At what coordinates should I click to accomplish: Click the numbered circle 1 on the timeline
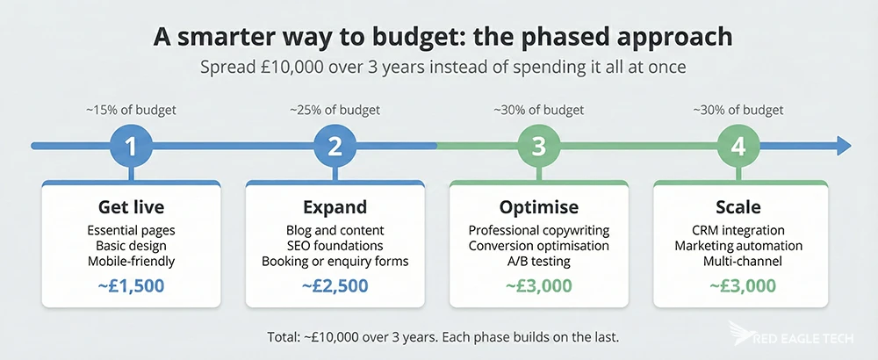[x=131, y=147]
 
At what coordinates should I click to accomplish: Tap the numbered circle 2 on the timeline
[x=335, y=147]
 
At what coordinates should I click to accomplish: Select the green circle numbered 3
[x=538, y=147]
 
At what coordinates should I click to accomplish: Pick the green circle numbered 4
[x=738, y=147]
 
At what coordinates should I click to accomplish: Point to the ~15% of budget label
[x=131, y=111]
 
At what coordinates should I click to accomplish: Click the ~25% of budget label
[x=335, y=111]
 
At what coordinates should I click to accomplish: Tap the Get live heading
[x=131, y=208]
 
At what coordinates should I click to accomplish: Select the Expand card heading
[x=335, y=208]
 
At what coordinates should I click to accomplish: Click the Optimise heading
[x=538, y=208]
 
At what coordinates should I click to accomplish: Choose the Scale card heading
[x=738, y=208]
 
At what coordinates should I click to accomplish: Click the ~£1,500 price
[x=131, y=285]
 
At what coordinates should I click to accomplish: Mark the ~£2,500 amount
[x=335, y=285]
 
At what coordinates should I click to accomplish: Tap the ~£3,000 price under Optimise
[x=538, y=285]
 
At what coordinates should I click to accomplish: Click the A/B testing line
[x=538, y=261]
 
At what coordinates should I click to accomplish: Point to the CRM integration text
[x=738, y=231]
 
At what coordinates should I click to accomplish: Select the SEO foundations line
[x=335, y=246]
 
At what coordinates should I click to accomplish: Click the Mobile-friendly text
[x=131, y=261]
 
